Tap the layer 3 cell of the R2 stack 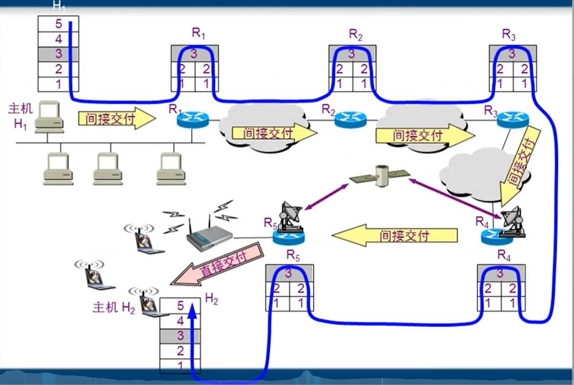pyautogui.click(x=352, y=53)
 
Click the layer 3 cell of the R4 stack pyautogui.click(x=501, y=273)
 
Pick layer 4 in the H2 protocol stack pyautogui.click(x=180, y=321)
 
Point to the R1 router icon pyautogui.click(x=193, y=119)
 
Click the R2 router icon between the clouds pyautogui.click(x=350, y=119)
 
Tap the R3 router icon pyautogui.click(x=513, y=119)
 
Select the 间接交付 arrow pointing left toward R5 pyautogui.click(x=395, y=235)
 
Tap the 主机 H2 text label pyautogui.click(x=114, y=308)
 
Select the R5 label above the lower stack pyautogui.click(x=293, y=256)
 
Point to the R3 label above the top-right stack pyautogui.click(x=509, y=34)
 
